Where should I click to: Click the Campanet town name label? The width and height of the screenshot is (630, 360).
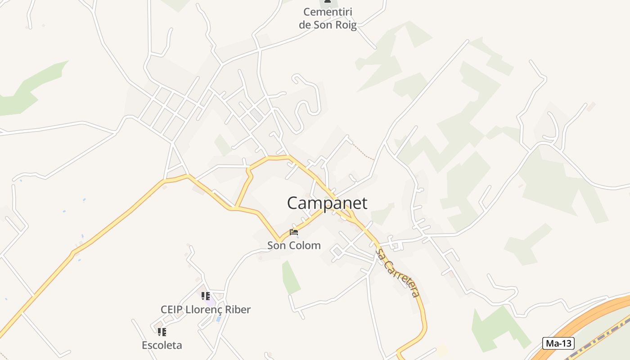(x=327, y=203)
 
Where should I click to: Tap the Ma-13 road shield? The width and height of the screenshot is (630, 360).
(x=558, y=343)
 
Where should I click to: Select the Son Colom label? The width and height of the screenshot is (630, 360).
(x=294, y=245)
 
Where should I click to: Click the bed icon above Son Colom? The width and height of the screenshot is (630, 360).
(x=294, y=232)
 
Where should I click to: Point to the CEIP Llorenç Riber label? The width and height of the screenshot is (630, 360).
(x=206, y=310)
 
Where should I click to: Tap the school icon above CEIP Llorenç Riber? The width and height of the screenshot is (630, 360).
(x=206, y=296)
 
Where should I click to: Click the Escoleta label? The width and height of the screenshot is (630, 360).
(x=162, y=345)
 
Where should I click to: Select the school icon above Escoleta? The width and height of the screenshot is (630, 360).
(x=162, y=332)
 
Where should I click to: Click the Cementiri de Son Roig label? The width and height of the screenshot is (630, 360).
(x=328, y=18)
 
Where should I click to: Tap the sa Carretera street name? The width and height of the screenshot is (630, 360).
(x=399, y=273)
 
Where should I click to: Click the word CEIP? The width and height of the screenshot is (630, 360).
(x=171, y=310)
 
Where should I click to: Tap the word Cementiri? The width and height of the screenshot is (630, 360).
(x=328, y=12)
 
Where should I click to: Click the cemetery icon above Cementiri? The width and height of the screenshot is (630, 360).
(x=328, y=1)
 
